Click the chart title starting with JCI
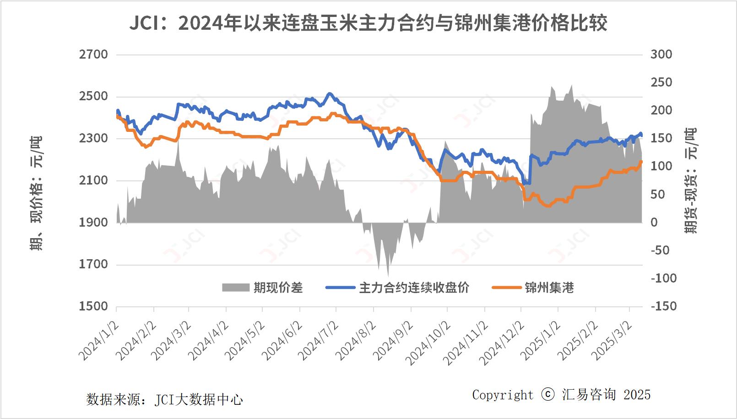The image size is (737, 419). coord(368,23)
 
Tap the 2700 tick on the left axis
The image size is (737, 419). coord(93,54)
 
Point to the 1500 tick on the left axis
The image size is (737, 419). coord(93,306)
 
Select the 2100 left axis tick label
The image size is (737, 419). coord(93,180)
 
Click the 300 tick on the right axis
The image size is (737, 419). coord(661,54)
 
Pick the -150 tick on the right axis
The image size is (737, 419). coord(663,306)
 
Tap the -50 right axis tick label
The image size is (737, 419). coord(660,250)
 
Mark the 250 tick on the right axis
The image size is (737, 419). coord(661,82)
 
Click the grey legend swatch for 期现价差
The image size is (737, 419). coord(235,288)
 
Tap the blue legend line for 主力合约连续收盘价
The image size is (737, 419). coord(340,288)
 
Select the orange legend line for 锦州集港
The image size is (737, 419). coord(506,288)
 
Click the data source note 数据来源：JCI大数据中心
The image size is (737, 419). coord(164,400)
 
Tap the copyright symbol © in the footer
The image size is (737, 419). coord(548,395)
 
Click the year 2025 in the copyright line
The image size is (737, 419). coord(637,395)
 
